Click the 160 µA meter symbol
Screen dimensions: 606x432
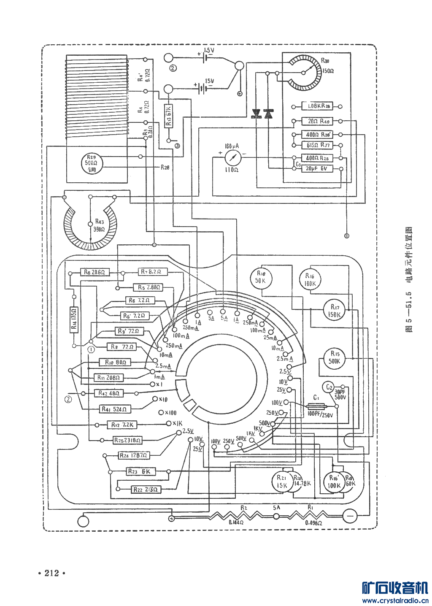click(x=232, y=158)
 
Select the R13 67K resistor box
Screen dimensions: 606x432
click(x=168, y=116)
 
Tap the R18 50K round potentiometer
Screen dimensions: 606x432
click(x=261, y=278)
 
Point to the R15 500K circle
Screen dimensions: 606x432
click(x=334, y=357)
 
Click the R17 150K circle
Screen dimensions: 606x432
click(x=334, y=311)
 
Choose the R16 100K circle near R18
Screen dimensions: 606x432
click(x=310, y=280)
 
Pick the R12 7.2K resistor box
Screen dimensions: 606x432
click(x=121, y=425)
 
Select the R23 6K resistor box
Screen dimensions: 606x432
click(x=141, y=471)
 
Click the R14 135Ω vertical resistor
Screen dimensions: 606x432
click(x=74, y=320)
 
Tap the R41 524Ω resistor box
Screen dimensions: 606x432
click(x=114, y=409)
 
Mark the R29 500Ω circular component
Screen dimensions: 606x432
click(x=92, y=163)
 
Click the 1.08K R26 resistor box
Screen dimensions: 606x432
click(x=317, y=106)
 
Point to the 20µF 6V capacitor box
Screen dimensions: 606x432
click(x=317, y=168)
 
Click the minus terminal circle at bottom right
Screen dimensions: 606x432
click(x=349, y=516)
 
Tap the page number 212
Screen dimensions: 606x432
click(x=52, y=573)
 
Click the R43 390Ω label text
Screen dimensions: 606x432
click(x=99, y=225)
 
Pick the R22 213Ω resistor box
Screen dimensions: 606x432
click(x=146, y=489)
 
